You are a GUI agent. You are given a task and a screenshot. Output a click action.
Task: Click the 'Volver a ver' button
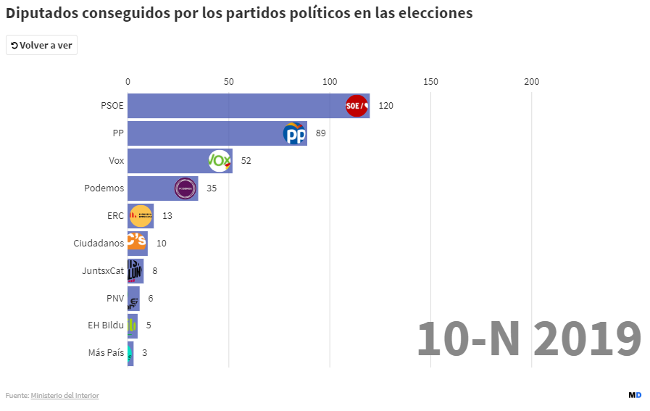point(41,45)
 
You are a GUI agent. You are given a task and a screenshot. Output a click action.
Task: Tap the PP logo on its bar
point(294,133)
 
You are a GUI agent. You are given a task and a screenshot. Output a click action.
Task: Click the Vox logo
point(220,160)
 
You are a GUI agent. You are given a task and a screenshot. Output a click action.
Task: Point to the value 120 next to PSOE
point(386,106)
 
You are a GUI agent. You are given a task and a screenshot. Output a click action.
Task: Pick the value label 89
point(321,133)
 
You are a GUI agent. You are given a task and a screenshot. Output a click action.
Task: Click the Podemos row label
point(104,188)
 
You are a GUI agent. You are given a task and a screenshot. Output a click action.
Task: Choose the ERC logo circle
point(141,216)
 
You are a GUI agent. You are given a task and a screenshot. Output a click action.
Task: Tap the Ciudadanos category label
point(99,244)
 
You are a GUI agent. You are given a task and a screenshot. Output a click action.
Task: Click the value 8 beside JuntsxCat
point(155,271)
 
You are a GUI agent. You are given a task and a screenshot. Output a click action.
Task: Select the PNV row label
point(115,299)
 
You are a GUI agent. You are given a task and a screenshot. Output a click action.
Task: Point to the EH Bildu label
point(106,325)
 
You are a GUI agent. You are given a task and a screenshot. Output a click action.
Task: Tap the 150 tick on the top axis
point(430,81)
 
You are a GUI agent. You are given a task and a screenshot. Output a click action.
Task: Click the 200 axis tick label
point(531,81)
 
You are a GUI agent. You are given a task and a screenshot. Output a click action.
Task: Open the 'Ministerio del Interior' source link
point(64,395)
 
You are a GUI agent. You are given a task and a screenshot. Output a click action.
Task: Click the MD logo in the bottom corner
point(635,395)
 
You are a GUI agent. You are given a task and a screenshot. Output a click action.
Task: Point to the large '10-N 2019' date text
point(529,339)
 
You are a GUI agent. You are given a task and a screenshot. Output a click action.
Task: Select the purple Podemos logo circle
point(186,188)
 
